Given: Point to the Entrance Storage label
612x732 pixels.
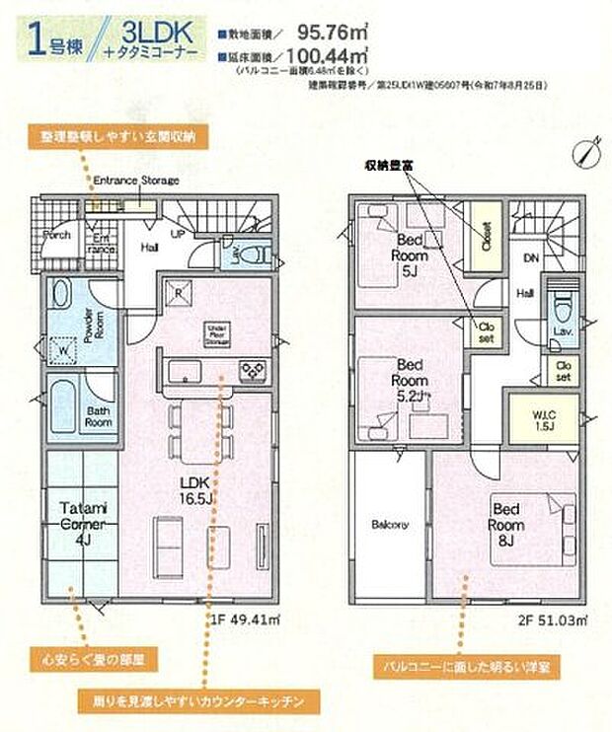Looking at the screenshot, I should (136, 181).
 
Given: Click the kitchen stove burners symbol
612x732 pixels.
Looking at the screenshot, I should (251, 369).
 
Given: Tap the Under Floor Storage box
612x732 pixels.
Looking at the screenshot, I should (217, 331).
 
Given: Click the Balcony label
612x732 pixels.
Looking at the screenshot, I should (390, 525).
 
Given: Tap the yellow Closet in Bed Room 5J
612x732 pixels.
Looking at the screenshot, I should (483, 237).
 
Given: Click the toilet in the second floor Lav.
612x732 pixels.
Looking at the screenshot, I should (564, 298).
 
